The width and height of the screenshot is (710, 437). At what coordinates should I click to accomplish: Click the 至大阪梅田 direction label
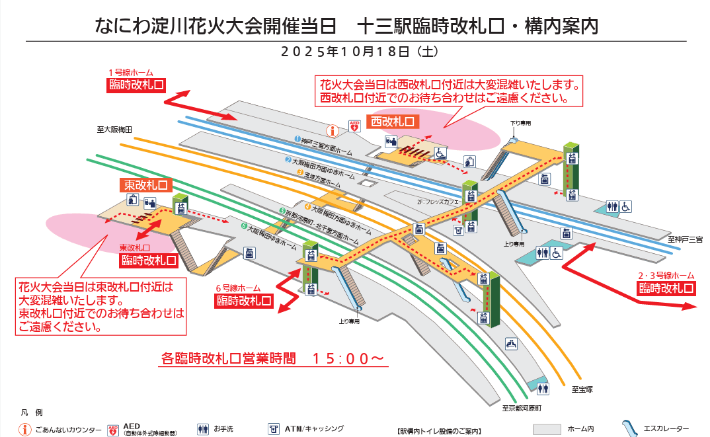click(115, 130)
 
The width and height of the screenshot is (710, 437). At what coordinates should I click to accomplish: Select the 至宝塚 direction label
click(582, 389)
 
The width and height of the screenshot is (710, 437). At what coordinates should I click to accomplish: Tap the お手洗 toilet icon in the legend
click(202, 429)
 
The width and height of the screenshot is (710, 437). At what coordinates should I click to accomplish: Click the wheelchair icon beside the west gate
click(440, 153)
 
